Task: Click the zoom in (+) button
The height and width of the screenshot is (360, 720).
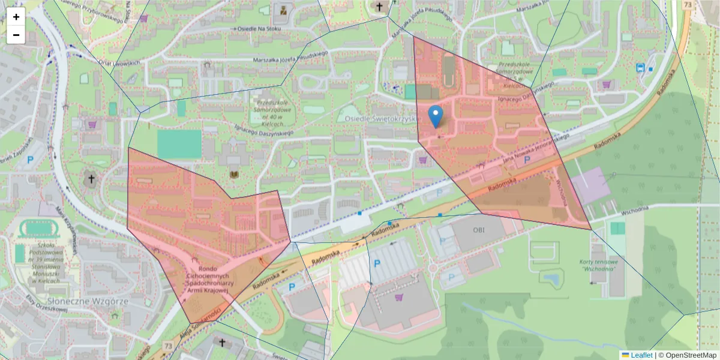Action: (16, 17)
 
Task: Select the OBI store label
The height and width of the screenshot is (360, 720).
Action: (478, 230)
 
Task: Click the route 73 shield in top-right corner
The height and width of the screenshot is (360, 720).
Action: (687, 5)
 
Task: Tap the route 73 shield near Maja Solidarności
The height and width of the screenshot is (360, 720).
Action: (168, 346)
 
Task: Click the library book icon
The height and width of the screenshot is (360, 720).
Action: (234, 174)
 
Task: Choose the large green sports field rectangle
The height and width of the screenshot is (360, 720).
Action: (179, 145)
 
